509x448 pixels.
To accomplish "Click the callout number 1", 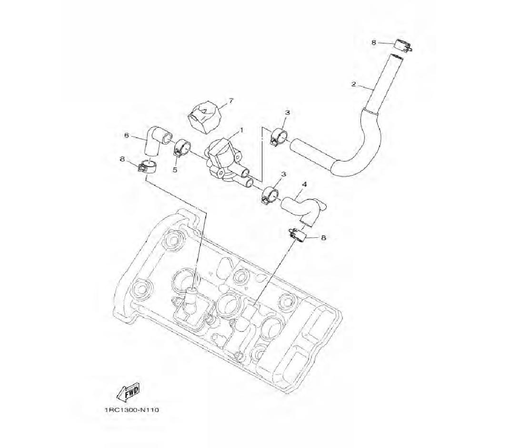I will point(241,130).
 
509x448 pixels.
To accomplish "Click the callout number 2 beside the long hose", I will point(353,85).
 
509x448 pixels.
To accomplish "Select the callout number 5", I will point(175,170).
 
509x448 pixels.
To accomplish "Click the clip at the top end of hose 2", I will point(403,46).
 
